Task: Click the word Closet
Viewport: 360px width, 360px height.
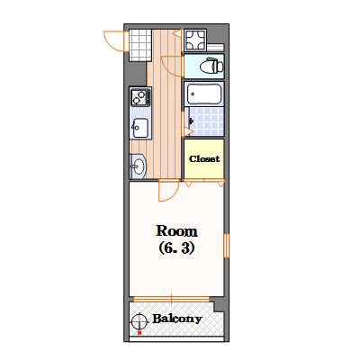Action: pyautogui.click(x=204, y=158)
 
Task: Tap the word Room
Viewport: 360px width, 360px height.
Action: pyautogui.click(x=176, y=231)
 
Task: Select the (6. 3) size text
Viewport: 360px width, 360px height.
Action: pyautogui.click(x=176, y=247)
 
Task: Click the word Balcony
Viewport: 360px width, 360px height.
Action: pyautogui.click(x=177, y=319)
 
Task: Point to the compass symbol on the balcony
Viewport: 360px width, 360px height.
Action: pyautogui.click(x=139, y=321)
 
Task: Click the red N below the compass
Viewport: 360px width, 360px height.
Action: pyautogui.click(x=139, y=333)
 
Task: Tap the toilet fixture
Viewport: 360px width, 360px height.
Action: pyautogui.click(x=211, y=66)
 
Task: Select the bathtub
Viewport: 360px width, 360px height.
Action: pyautogui.click(x=204, y=94)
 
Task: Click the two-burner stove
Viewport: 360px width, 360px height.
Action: pyautogui.click(x=140, y=96)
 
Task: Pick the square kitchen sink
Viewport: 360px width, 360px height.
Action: pyautogui.click(x=140, y=128)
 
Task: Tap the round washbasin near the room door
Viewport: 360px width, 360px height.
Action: pyautogui.click(x=139, y=166)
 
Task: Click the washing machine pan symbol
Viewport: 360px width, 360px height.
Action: pyautogui.click(x=195, y=40)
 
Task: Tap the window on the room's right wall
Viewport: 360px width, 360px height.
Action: pyautogui.click(x=227, y=246)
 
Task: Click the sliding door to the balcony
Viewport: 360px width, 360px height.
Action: pyautogui.click(x=171, y=299)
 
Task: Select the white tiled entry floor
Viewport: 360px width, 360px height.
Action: pyautogui.click(x=140, y=45)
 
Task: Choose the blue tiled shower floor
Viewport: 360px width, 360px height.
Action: pyautogui.click(x=206, y=121)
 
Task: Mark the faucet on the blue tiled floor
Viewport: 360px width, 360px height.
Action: pyautogui.click(x=191, y=121)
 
